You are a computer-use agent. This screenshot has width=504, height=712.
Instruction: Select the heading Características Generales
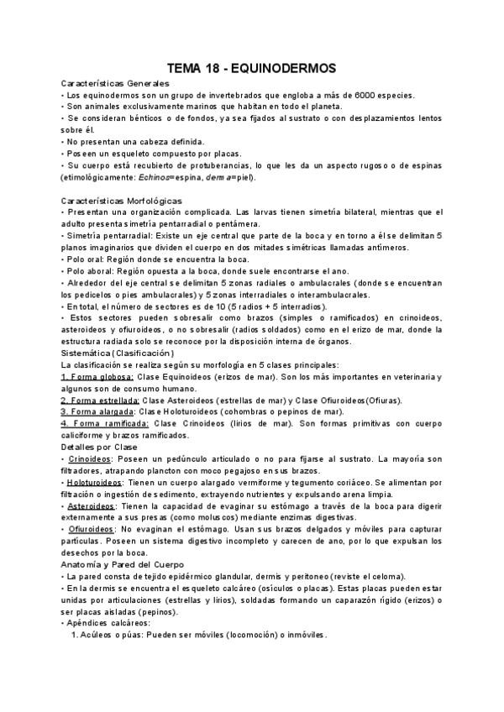click(x=115, y=83)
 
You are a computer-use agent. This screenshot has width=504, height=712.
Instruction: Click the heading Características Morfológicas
click(x=121, y=201)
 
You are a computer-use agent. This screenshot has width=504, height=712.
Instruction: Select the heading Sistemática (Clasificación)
click(x=118, y=353)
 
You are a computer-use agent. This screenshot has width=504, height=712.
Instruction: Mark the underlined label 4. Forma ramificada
click(x=105, y=424)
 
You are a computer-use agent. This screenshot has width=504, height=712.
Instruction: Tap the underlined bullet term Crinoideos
click(x=90, y=459)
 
